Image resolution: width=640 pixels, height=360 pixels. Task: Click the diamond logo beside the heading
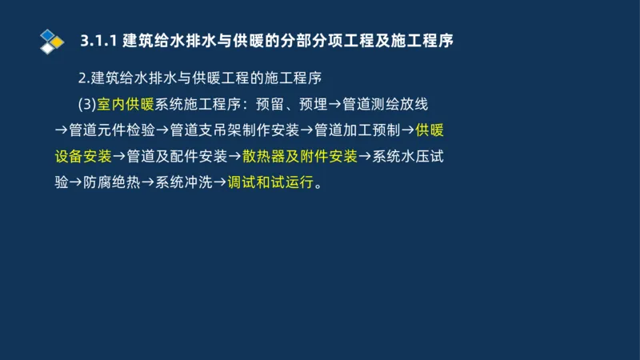point(52,41)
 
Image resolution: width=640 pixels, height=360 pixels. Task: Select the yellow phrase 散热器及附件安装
point(299,155)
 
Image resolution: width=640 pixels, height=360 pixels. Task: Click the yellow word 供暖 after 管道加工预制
point(430,130)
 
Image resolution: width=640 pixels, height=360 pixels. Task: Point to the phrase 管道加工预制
point(358,130)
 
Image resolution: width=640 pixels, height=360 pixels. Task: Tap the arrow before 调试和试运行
point(220,182)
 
